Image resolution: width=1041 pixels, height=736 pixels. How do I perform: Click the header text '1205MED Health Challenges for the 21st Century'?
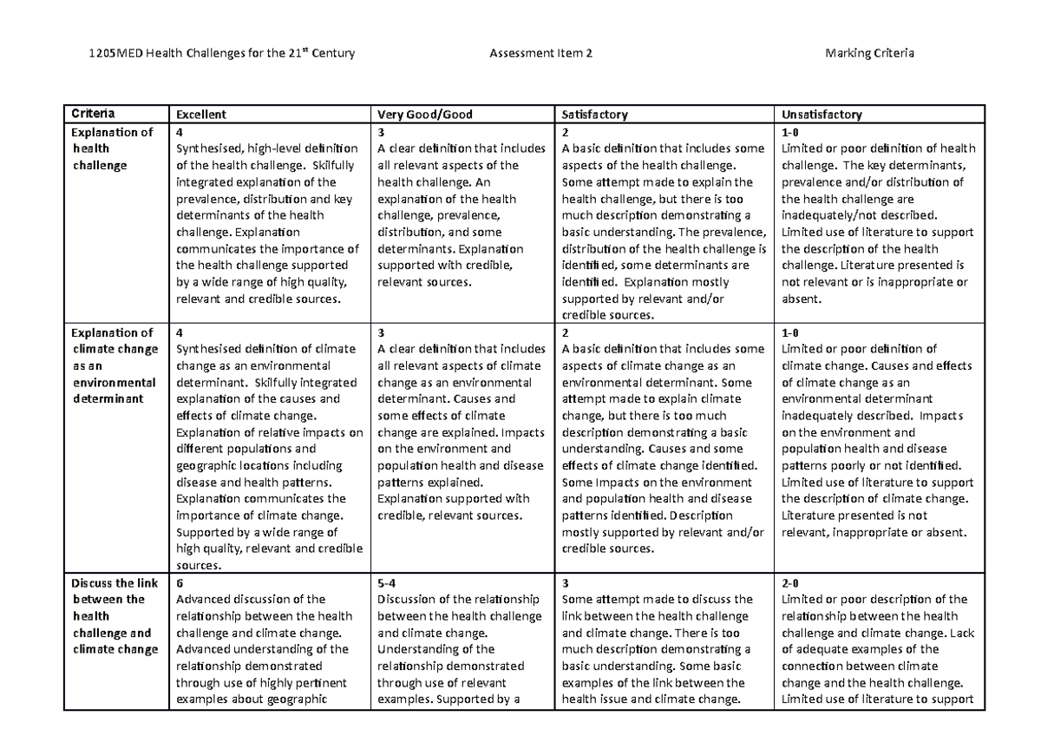(222, 55)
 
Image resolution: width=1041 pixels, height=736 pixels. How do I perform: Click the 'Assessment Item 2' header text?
(541, 55)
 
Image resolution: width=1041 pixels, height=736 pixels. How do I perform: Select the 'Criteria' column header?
(92, 114)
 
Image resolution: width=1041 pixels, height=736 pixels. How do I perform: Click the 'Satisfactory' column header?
(595, 115)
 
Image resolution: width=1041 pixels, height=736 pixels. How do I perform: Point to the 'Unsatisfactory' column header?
(822, 115)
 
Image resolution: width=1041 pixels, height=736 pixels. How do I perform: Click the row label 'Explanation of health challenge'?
(112, 149)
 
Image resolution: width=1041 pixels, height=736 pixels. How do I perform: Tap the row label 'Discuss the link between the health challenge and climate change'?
(115, 616)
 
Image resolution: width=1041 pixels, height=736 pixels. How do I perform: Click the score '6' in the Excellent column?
(180, 583)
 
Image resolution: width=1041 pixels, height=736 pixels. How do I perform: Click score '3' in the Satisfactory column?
(566, 583)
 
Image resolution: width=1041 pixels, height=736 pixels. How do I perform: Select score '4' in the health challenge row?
(180, 133)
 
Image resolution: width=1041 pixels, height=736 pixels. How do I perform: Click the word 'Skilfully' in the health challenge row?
(330, 166)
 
